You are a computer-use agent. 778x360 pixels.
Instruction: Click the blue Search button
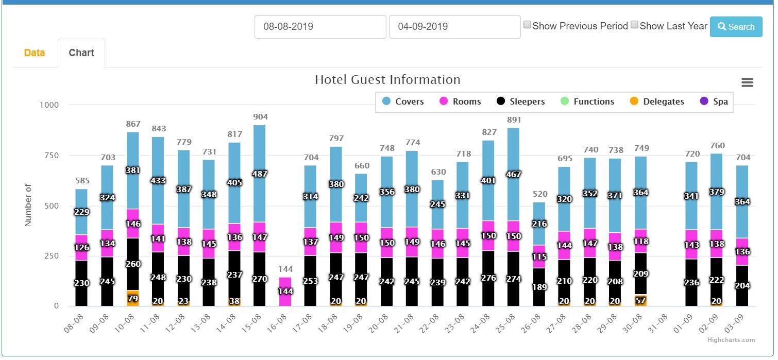pos(736,27)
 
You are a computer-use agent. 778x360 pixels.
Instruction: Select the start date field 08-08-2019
pos(320,27)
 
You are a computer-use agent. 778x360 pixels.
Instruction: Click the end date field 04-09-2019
pos(454,27)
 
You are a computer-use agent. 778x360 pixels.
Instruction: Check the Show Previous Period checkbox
pos(527,25)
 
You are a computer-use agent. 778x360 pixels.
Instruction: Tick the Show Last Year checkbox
pos(634,25)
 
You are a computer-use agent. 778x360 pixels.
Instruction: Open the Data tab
pos(35,53)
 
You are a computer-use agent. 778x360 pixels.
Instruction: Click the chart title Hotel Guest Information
pos(387,80)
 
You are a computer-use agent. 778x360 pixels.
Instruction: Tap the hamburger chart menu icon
pos(747,82)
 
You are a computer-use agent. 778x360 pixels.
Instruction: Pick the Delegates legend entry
pos(657,101)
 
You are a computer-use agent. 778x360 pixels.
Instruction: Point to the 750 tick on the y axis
pos(49,156)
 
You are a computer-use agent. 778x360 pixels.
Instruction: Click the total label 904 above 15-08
pos(260,117)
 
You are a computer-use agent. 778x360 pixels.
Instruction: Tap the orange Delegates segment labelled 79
pos(133,298)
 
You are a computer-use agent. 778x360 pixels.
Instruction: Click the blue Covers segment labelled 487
pos(260,174)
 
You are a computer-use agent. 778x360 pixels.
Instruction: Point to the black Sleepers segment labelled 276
pos(489,278)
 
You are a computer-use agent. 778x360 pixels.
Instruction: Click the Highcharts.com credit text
pos(738,340)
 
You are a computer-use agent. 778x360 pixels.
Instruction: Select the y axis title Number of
pos(28,205)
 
